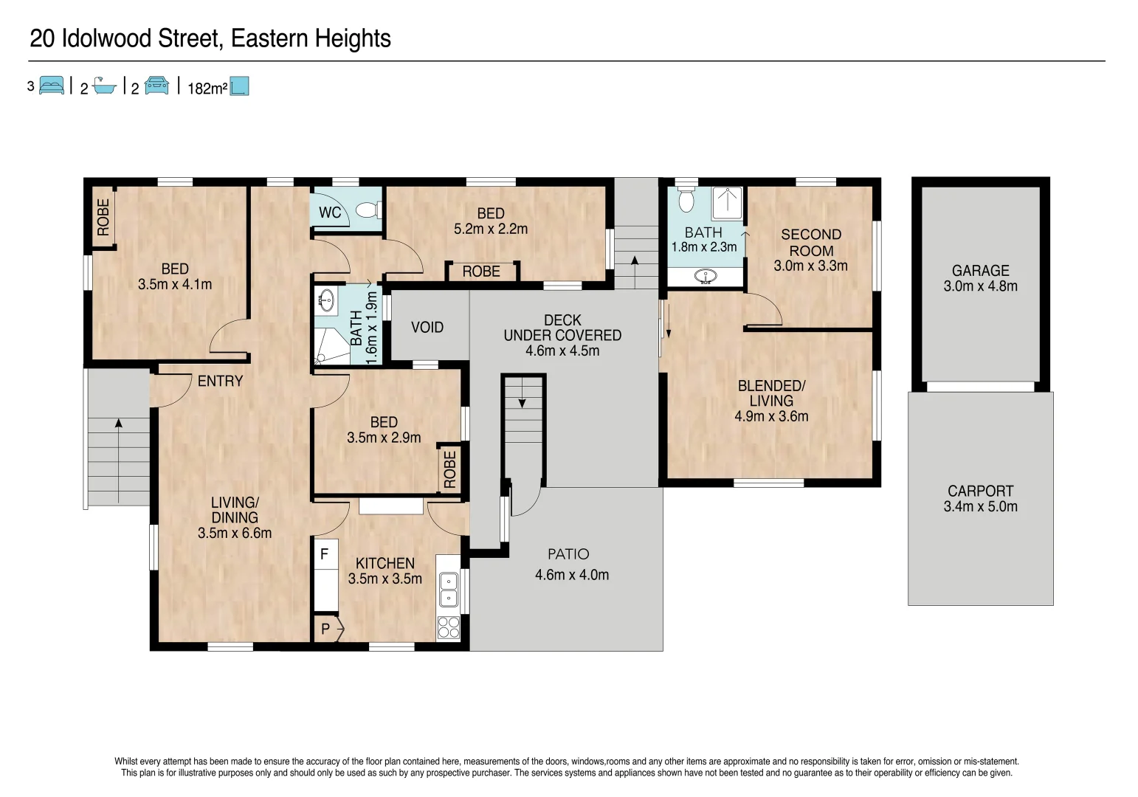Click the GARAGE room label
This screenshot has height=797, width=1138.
pos(980,271)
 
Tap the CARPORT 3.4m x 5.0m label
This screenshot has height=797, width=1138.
pos(980,499)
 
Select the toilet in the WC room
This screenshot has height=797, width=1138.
pos(367,210)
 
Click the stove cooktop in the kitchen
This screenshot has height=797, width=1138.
pos(449,627)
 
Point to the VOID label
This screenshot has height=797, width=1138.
pos(427,327)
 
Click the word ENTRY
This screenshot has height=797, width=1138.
pos(220,381)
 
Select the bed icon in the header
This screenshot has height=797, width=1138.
pos(51,86)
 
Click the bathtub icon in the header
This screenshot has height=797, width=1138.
pos(104,87)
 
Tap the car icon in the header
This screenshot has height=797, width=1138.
pos(156,86)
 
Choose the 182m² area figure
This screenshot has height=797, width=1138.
pos(207,89)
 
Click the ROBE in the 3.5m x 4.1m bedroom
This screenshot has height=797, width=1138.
pos(103,217)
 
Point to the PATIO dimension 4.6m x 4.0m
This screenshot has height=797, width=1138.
pos(571,575)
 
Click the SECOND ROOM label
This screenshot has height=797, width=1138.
pos(810,243)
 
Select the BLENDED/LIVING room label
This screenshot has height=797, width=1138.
pos(771,393)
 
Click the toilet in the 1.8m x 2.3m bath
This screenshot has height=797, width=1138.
pos(686,201)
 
